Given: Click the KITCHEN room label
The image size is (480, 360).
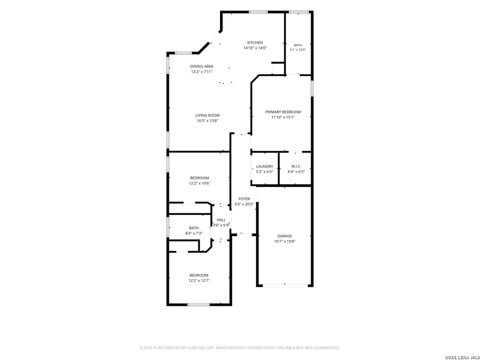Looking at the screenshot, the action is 255,42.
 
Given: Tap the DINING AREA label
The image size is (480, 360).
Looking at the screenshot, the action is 202,66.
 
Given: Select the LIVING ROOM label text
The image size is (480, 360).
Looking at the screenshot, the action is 208,115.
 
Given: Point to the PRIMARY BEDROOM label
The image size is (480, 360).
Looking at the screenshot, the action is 283,112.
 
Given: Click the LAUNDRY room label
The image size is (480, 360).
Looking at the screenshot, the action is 265,166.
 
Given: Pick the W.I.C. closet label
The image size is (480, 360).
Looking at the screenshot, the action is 296,166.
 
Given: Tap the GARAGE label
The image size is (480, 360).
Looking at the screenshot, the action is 285,236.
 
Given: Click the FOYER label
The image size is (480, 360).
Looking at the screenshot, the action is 244,199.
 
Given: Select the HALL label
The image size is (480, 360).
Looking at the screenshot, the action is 221,220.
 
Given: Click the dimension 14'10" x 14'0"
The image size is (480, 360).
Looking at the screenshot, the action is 255,48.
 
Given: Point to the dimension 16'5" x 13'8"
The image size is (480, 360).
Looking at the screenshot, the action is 208,121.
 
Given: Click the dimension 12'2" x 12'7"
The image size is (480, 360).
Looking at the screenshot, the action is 199,281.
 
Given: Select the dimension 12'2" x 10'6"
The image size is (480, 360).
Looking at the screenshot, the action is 200,183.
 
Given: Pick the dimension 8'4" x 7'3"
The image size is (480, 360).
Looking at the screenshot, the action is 194,234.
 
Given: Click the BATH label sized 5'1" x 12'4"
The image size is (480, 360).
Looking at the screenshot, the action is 298,45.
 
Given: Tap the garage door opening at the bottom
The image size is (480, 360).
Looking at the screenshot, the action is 285,285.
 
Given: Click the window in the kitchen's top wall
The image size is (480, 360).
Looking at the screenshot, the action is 258,12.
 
